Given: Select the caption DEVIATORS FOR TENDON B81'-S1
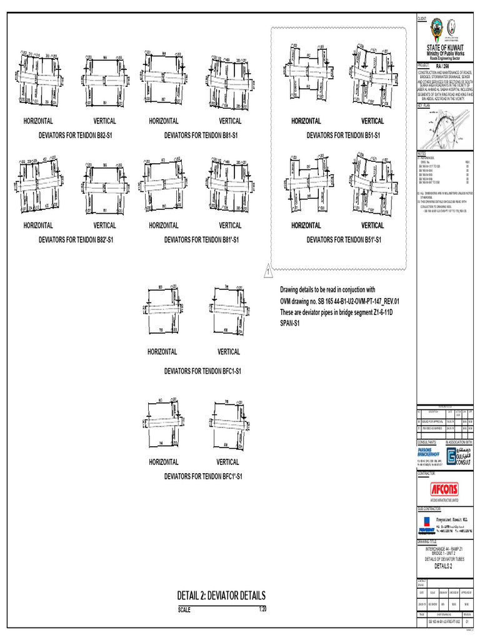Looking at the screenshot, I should (202, 239).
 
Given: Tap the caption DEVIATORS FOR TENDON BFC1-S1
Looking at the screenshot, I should (202, 371).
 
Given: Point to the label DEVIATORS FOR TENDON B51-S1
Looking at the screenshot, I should (343, 134).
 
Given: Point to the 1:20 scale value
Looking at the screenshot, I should (263, 609).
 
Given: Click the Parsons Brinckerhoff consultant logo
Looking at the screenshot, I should (430, 452).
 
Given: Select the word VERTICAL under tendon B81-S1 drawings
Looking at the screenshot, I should (230, 121).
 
